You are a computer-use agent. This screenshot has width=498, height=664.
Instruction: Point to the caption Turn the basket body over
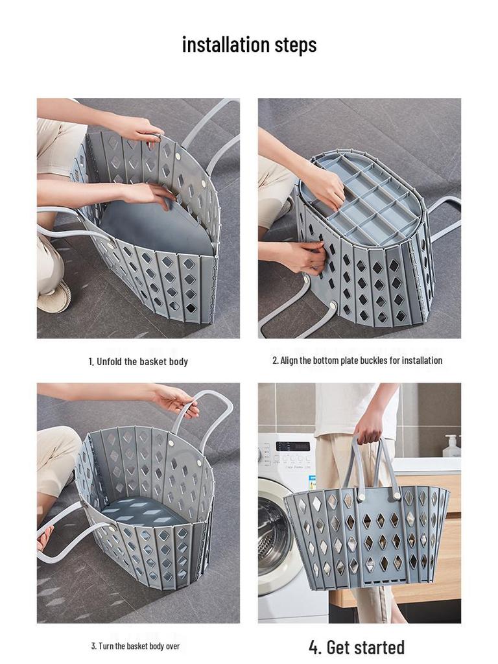pyautogui.click(x=135, y=646)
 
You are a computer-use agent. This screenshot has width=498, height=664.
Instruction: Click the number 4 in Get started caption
pyautogui.click(x=314, y=647)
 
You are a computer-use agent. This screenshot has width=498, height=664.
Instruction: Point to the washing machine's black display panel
pyautogui.click(x=292, y=446)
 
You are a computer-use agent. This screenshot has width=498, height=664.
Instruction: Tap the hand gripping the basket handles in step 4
pyautogui.click(x=369, y=424)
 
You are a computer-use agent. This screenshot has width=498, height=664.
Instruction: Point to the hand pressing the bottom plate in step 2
pyautogui.click(x=324, y=185)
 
